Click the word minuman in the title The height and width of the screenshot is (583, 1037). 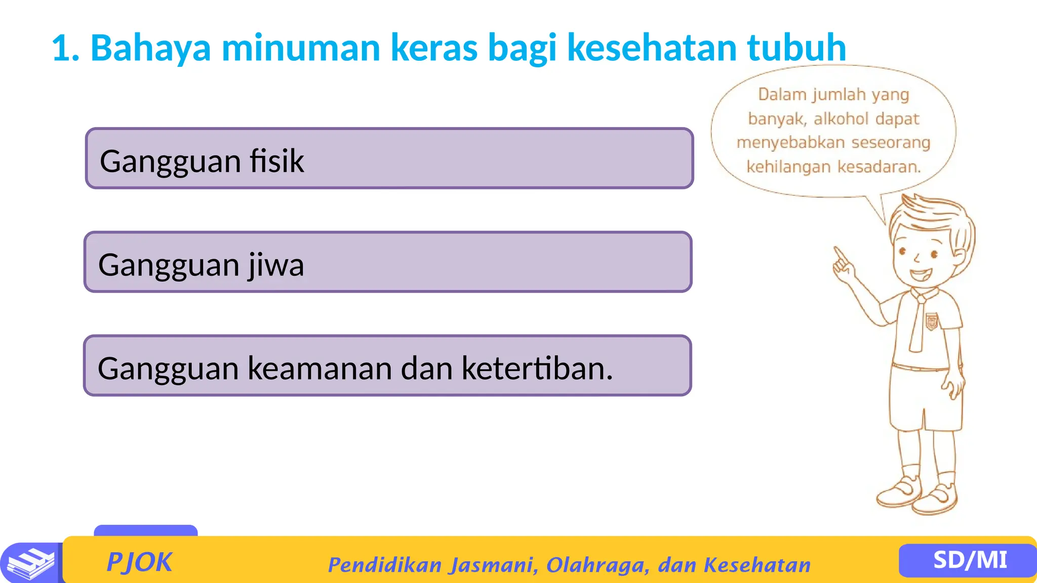[301, 48]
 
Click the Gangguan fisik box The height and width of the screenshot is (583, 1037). [389, 158]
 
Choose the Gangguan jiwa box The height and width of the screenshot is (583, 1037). [388, 262]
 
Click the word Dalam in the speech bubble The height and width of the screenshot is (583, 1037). [782, 94]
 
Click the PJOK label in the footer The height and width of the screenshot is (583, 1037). [139, 562]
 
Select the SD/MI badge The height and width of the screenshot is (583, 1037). [969, 560]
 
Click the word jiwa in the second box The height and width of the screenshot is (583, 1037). [276, 265]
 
